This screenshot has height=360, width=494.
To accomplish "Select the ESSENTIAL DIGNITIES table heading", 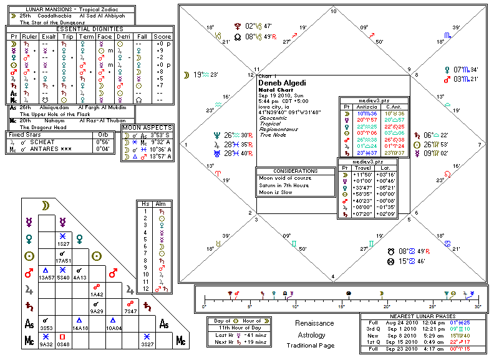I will (90, 29).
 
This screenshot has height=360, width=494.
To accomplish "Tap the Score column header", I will (163, 37).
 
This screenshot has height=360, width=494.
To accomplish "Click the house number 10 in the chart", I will (333, 12).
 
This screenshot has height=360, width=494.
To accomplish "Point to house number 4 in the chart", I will (333, 276).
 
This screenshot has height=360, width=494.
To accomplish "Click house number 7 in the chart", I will (479, 144).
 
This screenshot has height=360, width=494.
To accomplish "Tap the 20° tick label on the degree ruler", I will (387, 307).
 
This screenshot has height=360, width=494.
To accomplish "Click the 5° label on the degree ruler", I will (249, 307).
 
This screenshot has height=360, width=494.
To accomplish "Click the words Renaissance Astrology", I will (314, 329).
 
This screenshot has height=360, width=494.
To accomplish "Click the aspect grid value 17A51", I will (62, 260).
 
